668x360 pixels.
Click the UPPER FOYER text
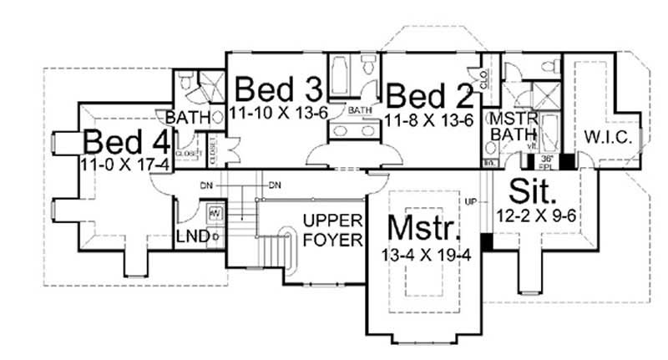pyautogui.click(x=332, y=231)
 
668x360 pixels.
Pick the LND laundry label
pyautogui.click(x=193, y=238)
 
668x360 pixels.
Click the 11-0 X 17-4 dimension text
pyautogui.click(x=125, y=164)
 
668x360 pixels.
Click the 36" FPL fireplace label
pyautogui.click(x=547, y=160)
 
